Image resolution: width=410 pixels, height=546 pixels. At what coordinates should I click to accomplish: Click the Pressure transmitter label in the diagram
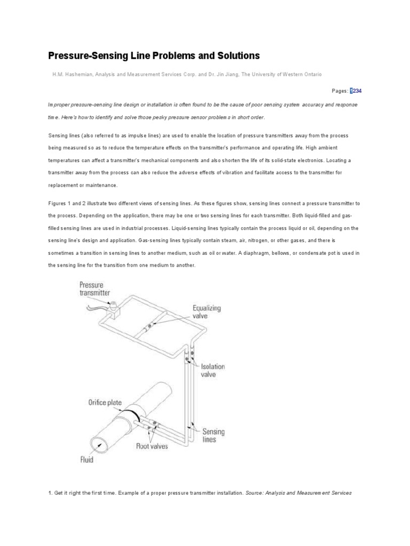(x=94, y=288)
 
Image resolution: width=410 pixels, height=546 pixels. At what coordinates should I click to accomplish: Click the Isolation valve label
(x=212, y=370)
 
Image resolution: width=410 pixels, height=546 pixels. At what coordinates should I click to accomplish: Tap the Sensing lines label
(x=213, y=436)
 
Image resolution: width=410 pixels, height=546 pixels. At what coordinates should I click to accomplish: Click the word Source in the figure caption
(x=257, y=493)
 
